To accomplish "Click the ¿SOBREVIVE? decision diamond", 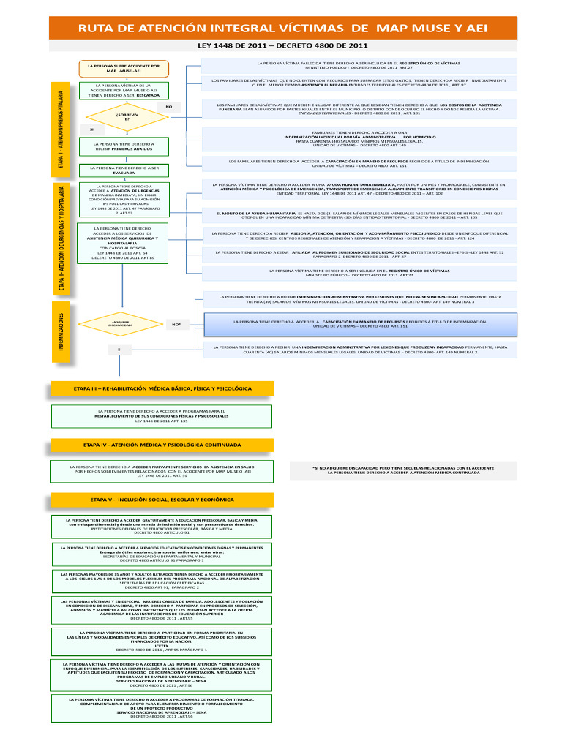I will (x=127, y=116).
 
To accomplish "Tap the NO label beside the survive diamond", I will (x=168, y=108).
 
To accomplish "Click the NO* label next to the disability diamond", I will (x=176, y=323).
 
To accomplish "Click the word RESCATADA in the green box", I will (x=148, y=95).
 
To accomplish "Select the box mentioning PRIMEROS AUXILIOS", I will (x=128, y=147).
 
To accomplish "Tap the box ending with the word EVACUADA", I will (x=128, y=170).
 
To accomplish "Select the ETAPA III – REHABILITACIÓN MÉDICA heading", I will (x=162, y=388).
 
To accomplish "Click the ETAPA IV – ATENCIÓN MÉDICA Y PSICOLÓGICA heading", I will (x=162, y=444).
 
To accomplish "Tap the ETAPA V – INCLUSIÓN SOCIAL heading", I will (x=162, y=500).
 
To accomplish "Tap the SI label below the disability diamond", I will (x=119, y=350).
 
